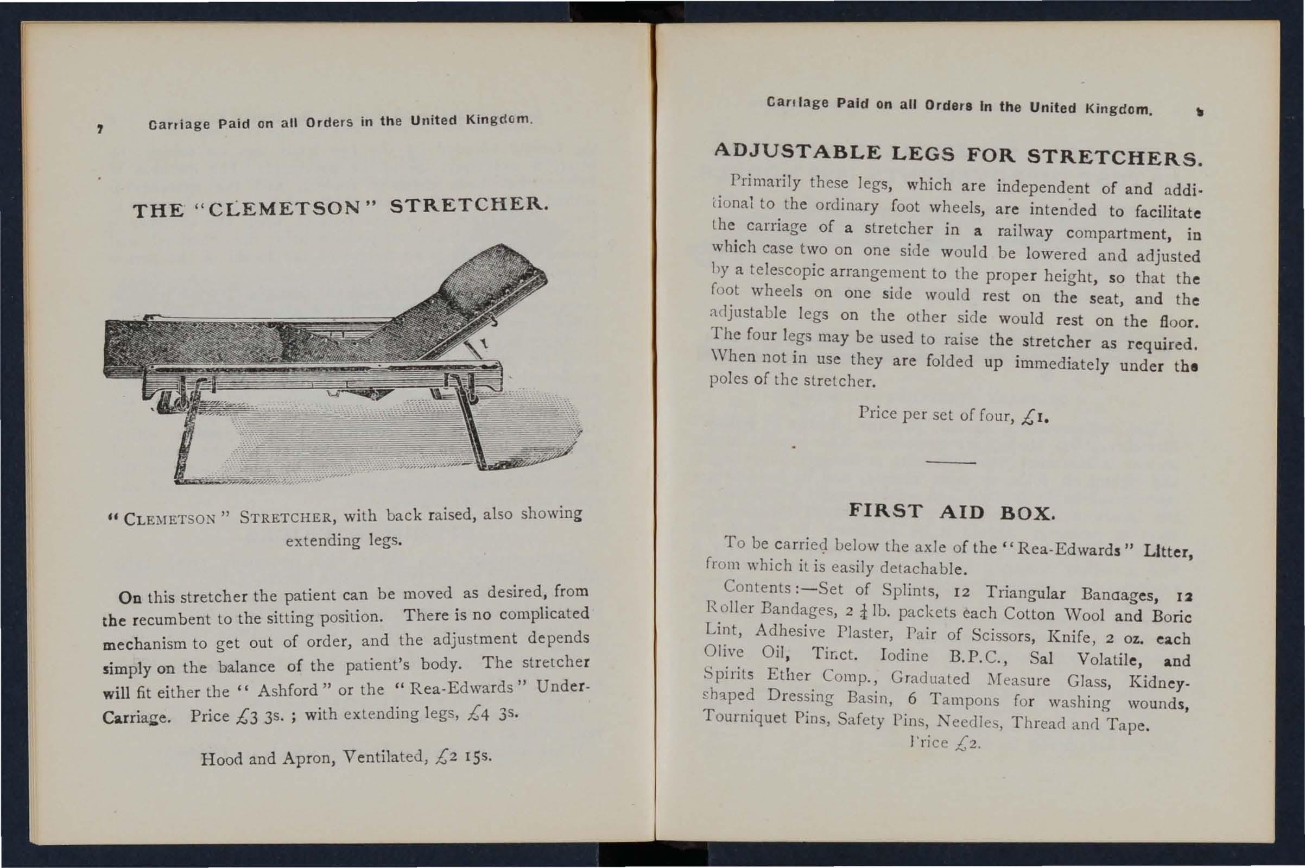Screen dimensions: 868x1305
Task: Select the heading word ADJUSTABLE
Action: tap(797, 151)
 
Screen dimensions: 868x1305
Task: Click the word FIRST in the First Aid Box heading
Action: tap(885, 510)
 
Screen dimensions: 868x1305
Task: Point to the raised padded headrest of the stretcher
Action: tap(501, 271)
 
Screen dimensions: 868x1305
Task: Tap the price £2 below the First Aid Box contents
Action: tap(968, 744)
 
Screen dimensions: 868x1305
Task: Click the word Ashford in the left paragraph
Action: tap(287, 690)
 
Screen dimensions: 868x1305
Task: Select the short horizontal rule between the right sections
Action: tap(950, 462)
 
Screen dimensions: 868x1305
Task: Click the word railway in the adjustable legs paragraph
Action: tap(1024, 231)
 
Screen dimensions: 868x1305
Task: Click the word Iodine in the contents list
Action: tap(903, 656)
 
